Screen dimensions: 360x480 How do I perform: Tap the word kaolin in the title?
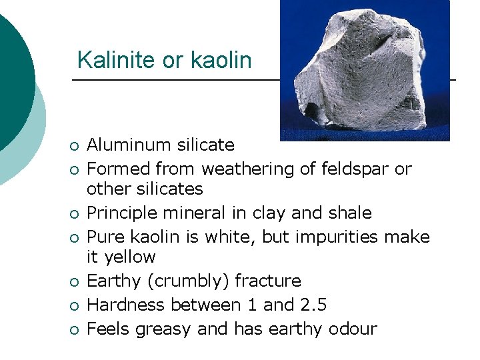pos(221,60)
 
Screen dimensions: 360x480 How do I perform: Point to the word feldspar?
pos(357,169)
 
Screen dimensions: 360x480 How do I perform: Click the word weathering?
pos(245,169)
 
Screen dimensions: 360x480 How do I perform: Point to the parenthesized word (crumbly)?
pos(183,281)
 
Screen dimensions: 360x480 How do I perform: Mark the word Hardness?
pos(127,305)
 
